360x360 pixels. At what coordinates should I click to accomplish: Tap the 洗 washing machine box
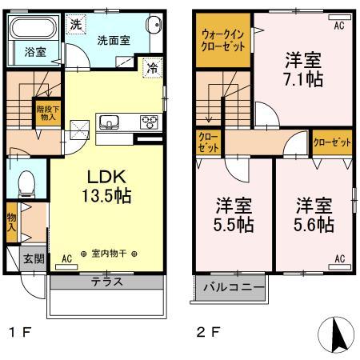tap(74, 23)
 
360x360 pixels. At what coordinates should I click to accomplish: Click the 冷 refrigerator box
tap(151, 69)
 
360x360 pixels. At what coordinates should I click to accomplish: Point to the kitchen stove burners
tap(149, 122)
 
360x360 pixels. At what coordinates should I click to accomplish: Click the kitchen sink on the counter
tap(109, 122)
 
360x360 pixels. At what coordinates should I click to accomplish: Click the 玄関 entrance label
tap(34, 259)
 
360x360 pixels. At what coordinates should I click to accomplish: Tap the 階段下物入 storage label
tap(46, 113)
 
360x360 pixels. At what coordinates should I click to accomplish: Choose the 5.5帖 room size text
tap(233, 225)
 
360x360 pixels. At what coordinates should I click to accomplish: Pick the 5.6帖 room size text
tap(313, 225)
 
